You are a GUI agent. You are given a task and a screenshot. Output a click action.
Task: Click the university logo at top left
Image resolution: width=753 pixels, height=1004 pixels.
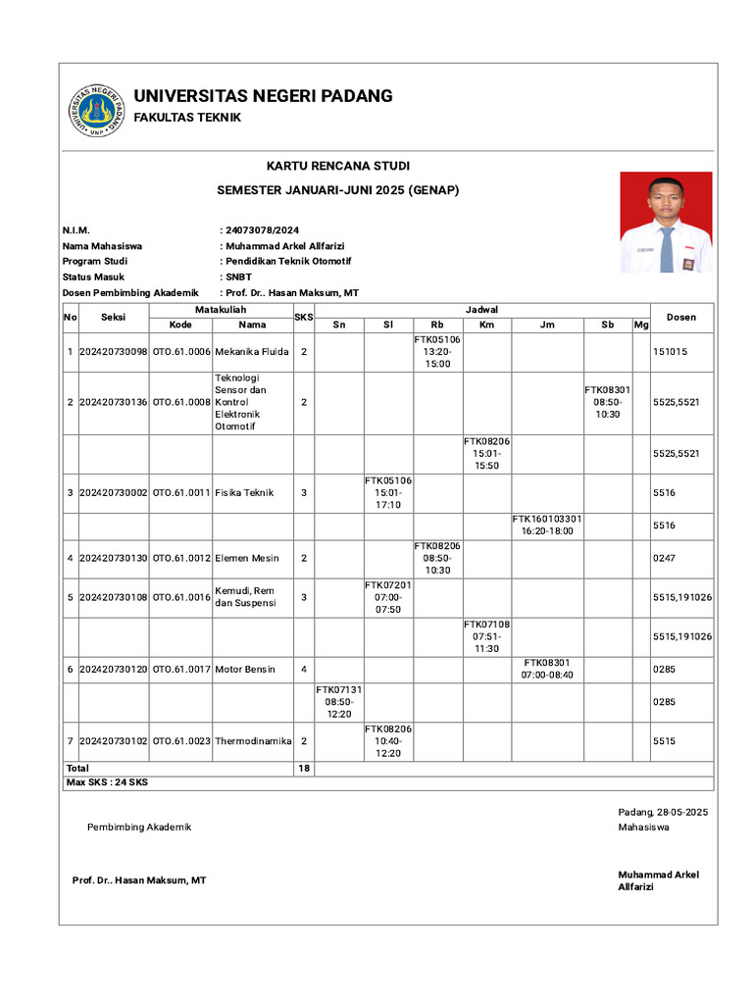point(96,110)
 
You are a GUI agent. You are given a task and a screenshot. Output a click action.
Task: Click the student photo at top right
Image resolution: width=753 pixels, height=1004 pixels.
point(666,222)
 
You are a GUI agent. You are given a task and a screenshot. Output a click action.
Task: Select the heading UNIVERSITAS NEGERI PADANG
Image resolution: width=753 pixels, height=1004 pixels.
point(263,96)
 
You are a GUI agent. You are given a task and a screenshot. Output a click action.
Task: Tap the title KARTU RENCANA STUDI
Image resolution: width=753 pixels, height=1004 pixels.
point(338,166)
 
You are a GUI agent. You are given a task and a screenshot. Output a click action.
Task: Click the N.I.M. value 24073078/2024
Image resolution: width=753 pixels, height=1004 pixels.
point(262,229)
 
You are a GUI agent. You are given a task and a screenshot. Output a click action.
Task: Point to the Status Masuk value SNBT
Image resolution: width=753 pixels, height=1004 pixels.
point(238,276)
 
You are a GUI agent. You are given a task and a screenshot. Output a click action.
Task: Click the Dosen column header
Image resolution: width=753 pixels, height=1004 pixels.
point(681,317)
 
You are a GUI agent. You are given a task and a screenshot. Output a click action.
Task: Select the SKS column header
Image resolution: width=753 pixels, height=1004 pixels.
point(303,317)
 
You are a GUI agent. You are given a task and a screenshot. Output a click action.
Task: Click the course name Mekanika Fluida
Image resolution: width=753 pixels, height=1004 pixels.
point(253,351)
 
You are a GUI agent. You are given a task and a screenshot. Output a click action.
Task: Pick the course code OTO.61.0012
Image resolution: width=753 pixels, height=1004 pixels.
point(181,558)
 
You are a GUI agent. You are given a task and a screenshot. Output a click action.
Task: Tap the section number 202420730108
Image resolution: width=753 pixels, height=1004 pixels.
point(113,596)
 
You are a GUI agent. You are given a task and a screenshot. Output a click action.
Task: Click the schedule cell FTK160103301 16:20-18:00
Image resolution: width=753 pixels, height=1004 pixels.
point(547,525)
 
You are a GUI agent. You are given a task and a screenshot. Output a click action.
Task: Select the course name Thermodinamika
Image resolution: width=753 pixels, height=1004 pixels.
point(253,741)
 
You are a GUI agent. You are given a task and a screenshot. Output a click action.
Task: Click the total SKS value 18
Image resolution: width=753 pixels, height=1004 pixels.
point(303,769)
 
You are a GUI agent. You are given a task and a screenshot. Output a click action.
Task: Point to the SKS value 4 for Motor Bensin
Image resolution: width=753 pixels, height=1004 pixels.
point(303,670)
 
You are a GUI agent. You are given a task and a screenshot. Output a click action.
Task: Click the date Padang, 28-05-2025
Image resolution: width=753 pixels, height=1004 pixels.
point(663,812)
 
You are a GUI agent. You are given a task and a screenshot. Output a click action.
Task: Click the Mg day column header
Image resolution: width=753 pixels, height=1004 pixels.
point(640,325)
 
